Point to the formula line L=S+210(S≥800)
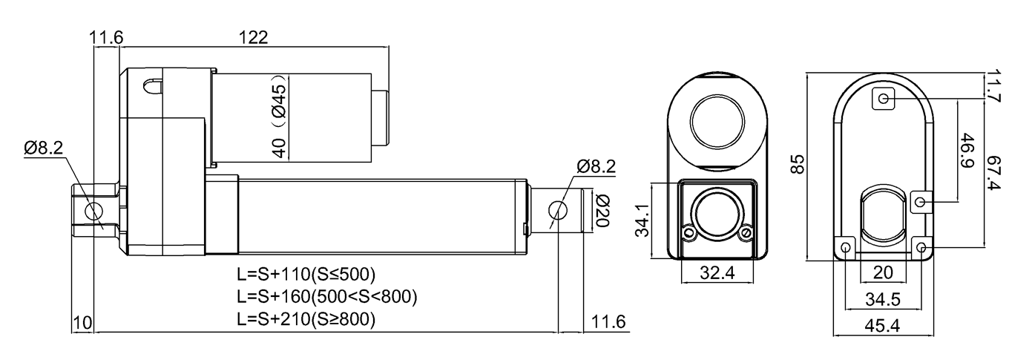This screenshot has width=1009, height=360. click(306, 321)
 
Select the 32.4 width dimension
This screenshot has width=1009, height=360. click(718, 272)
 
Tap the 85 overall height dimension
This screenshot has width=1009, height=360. click(798, 164)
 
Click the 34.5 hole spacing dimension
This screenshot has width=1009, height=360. click(883, 300)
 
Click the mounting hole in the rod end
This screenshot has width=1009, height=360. click(559, 212)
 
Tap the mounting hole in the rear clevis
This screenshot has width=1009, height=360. click(93, 211)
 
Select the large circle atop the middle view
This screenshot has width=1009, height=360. click(717, 119)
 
